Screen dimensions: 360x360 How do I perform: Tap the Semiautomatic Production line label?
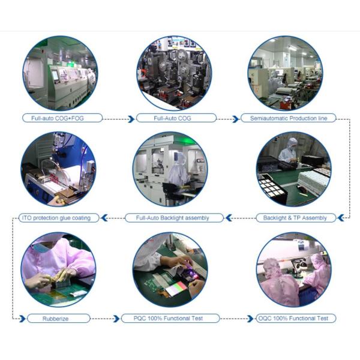(x=289, y=118)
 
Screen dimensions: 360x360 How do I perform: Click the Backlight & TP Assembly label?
(x=296, y=218)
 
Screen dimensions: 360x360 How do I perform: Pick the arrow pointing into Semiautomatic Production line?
(x=228, y=119)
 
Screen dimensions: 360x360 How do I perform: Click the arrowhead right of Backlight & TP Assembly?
(x=341, y=218)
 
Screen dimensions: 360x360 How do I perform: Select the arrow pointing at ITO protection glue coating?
(x=113, y=218)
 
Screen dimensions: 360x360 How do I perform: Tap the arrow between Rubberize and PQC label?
(x=105, y=319)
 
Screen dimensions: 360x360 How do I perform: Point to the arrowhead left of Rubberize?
(x=22, y=319)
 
